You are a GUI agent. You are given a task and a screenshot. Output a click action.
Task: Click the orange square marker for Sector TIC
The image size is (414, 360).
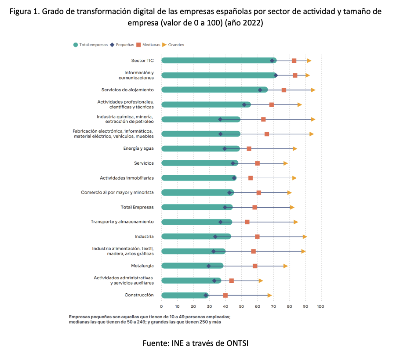tap(294, 61)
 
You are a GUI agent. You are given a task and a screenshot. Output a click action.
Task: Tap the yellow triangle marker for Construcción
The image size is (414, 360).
tap(269, 295)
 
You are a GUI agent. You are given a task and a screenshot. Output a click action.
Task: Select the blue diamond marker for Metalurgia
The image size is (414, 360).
tap(209, 266)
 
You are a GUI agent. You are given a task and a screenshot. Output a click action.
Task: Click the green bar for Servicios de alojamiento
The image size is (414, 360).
tap(211, 90)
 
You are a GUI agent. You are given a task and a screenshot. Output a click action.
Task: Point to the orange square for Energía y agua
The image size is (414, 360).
tap(249, 149)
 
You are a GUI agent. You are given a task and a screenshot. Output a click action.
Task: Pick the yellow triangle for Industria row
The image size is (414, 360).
tap(305, 237)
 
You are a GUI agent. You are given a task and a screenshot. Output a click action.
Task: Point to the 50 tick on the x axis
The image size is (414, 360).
tap(241, 306)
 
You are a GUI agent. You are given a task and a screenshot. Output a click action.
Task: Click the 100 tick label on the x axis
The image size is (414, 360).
tap(320, 306)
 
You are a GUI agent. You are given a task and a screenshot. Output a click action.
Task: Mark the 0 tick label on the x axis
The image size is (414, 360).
tap(161, 306)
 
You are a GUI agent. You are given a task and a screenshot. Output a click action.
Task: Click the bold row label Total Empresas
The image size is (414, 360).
tap(137, 207)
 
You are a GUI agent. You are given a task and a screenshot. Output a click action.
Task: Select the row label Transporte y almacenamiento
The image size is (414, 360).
tap(122, 222)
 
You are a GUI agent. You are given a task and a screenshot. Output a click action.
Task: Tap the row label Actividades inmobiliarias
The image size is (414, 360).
tap(127, 178)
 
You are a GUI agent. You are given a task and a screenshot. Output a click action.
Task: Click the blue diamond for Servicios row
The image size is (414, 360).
tap(233, 163)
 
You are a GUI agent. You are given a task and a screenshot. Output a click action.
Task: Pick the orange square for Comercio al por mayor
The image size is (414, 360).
tap(259, 193)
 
